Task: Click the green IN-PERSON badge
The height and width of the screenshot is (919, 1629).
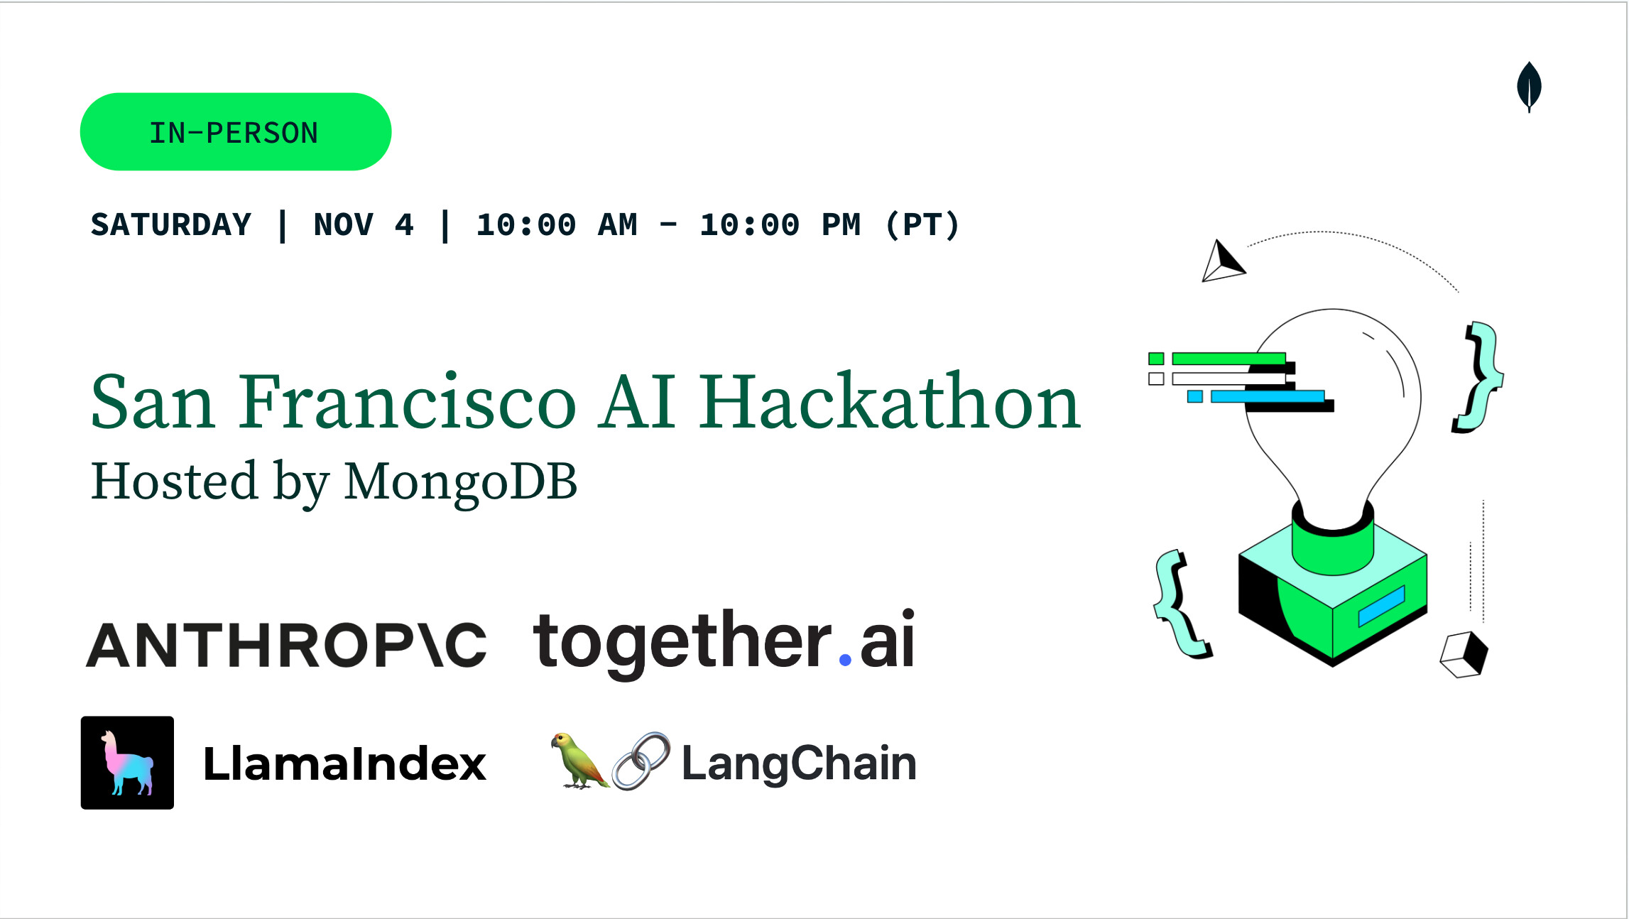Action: point(236,131)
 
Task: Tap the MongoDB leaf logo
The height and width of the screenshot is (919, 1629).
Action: point(1529,87)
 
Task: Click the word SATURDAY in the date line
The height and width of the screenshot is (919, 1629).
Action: point(171,224)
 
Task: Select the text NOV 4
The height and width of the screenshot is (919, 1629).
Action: point(364,224)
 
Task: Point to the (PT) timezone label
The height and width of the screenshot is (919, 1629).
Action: point(922,224)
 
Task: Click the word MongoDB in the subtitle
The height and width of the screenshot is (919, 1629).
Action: point(461,482)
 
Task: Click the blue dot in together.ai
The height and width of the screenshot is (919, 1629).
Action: point(845,660)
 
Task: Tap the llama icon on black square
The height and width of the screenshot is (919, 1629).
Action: point(127,763)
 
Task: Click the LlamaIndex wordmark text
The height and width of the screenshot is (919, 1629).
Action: point(344,763)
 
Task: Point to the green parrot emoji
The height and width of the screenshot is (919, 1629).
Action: point(578,761)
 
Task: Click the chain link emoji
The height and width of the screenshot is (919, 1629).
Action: point(641,761)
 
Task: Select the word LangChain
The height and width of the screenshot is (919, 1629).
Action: point(799,763)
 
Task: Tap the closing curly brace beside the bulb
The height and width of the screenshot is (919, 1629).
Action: point(1477,376)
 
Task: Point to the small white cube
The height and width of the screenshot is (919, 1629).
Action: point(1464,654)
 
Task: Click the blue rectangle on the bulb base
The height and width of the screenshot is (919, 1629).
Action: point(1382,606)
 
